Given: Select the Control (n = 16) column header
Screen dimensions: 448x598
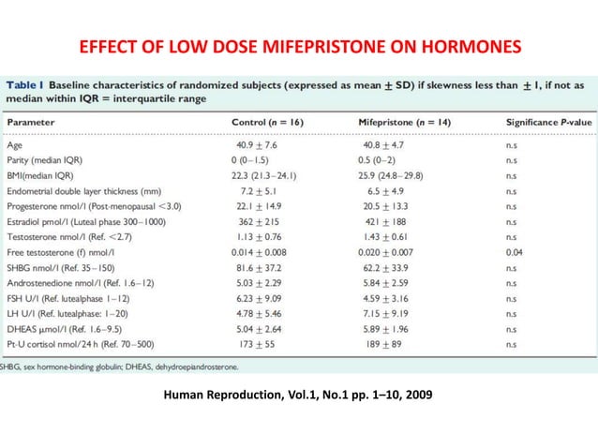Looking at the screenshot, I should point(272,122).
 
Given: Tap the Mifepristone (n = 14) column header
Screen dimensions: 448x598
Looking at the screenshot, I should point(406,122).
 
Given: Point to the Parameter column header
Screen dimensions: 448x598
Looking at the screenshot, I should point(32,122).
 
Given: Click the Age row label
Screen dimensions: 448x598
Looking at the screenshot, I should point(16,145).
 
